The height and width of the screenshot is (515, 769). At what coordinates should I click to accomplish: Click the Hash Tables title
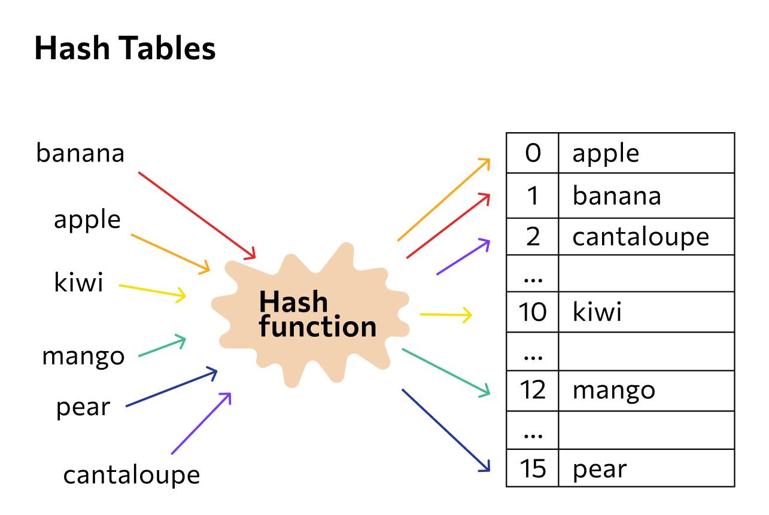tap(125, 48)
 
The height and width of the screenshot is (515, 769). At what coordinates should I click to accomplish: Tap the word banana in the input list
tap(80, 153)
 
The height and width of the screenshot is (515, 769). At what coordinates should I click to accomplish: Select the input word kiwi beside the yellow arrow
tap(78, 282)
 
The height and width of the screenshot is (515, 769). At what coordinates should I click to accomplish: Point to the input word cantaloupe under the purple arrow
tap(132, 474)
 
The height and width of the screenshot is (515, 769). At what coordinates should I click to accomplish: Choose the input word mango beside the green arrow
tap(83, 357)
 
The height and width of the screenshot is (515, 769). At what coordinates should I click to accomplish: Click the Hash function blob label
tap(318, 313)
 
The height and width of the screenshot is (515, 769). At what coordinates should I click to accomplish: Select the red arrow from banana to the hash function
tap(197, 215)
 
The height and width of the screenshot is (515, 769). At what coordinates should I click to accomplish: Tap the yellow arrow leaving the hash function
tap(446, 315)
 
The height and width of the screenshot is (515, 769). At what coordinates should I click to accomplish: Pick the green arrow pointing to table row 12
tap(446, 373)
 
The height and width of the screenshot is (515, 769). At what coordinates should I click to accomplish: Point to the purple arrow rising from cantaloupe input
tap(201, 423)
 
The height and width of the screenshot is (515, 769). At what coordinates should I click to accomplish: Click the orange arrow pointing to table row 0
tap(443, 199)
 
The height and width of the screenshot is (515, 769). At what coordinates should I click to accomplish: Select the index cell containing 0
tap(533, 153)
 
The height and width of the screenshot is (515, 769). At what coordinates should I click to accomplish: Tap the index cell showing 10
tap(533, 312)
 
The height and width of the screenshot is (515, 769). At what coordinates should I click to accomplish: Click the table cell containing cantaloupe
tap(647, 236)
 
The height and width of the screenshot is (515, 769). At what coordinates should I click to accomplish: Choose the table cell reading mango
tap(647, 391)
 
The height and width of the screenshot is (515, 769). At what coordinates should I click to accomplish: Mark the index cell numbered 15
tap(533, 468)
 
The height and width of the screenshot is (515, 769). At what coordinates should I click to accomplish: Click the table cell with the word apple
tap(647, 153)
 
